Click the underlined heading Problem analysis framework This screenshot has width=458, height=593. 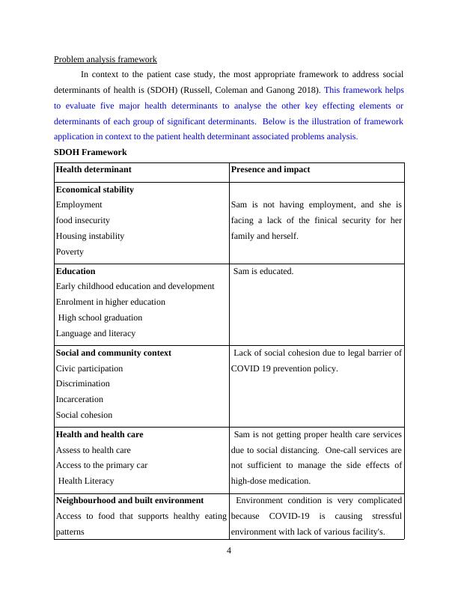click(106, 59)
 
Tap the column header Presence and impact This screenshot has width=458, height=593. click(270, 169)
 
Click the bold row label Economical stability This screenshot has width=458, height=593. click(95, 189)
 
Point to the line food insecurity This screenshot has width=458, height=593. click(83, 220)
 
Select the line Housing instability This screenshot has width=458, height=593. click(91, 236)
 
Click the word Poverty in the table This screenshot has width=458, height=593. click(70, 252)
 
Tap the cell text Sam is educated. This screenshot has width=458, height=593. click(263, 271)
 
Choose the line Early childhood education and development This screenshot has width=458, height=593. click(135, 286)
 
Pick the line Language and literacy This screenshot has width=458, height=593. click(96, 333)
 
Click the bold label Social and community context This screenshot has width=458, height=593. click(114, 353)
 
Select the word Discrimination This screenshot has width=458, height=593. click(80, 383)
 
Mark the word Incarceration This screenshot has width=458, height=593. click(79, 399)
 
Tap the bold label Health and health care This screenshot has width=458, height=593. click(100, 434)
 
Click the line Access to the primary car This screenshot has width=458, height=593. click(102, 465)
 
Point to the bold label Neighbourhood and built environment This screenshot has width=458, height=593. click(129, 499)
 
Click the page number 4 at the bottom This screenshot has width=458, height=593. click(229, 553)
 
